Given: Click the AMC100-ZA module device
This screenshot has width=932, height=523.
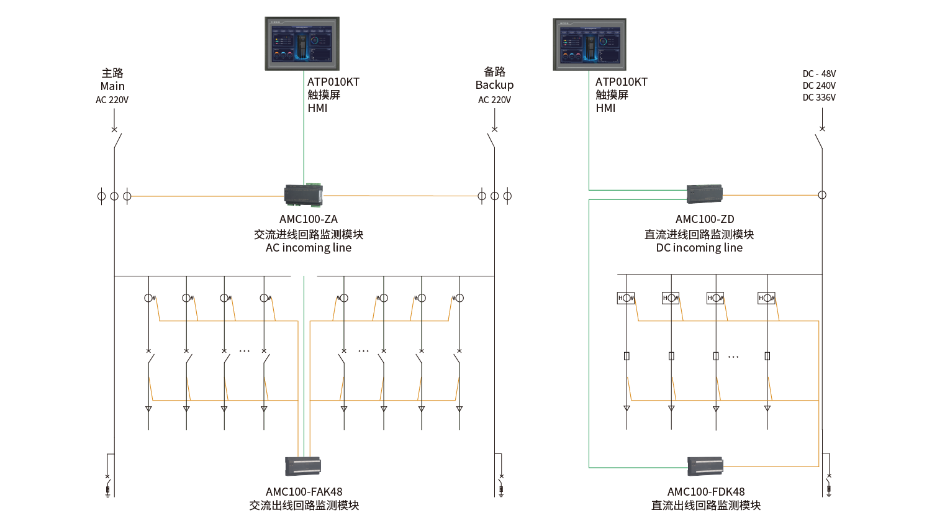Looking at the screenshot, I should [x=303, y=195].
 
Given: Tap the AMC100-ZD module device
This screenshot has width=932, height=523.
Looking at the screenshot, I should [x=705, y=194].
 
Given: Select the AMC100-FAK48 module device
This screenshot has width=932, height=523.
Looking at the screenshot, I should [x=303, y=466].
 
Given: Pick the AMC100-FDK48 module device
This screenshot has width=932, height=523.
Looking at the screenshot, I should [x=705, y=466].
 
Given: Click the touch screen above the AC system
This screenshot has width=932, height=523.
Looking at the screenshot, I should [x=302, y=43].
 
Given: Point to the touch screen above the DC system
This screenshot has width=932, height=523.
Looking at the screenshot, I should [x=589, y=44].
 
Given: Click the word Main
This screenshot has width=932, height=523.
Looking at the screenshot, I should [x=112, y=86].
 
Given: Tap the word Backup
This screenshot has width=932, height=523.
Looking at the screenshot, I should [x=494, y=85].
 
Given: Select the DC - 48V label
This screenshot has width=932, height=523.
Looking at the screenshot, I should [x=819, y=74].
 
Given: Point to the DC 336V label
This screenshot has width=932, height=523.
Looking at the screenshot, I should [x=819, y=98].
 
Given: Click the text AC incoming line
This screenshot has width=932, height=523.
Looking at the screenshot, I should [x=309, y=248].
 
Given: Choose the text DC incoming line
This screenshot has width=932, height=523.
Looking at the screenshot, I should [x=699, y=248].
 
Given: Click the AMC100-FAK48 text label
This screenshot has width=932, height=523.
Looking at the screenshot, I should [x=304, y=492].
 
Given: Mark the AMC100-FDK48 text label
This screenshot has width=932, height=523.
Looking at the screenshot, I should [x=705, y=492].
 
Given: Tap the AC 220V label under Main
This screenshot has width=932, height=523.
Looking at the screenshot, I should [x=112, y=100].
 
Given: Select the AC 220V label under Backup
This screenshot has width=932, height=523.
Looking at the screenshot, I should [x=494, y=100].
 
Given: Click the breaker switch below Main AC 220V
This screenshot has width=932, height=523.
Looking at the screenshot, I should [x=116, y=137].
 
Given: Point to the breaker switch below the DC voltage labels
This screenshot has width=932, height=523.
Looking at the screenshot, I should [x=820, y=138].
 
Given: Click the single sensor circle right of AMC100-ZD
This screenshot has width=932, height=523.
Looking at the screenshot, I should [x=822, y=195].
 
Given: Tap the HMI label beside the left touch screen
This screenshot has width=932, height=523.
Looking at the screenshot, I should [x=317, y=108].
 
